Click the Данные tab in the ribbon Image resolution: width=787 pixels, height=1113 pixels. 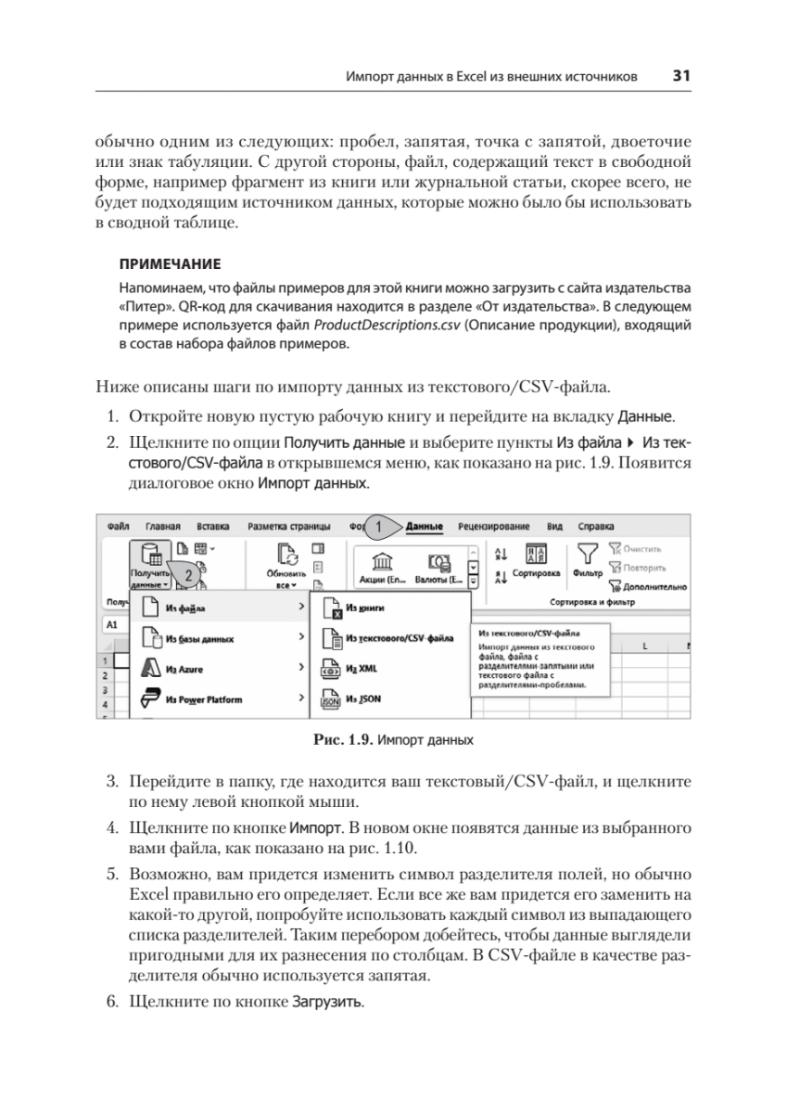click(425, 526)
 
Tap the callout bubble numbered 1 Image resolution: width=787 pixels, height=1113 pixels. click(379, 527)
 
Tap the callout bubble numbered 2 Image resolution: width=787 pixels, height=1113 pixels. click(188, 574)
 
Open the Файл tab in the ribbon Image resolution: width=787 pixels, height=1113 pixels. click(118, 526)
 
